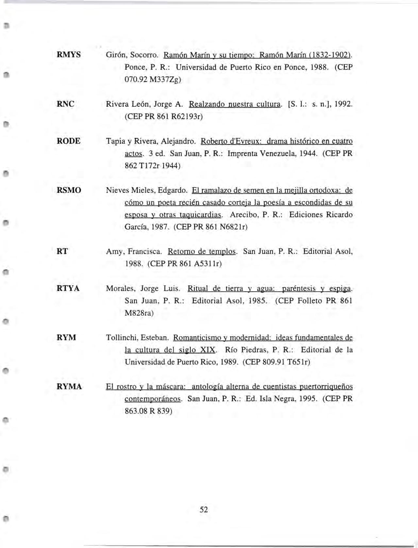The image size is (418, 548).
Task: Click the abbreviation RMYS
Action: pos(69,55)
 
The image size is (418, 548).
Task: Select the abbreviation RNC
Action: pos(65,104)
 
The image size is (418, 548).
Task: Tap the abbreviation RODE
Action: pos(68,141)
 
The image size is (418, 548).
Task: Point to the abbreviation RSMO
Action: pos(69,190)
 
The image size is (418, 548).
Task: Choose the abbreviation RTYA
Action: pos(68,289)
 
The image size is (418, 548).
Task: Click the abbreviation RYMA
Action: pos(69,387)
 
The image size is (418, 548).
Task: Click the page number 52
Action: pos(204,509)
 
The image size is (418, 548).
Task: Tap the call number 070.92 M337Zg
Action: pos(153,80)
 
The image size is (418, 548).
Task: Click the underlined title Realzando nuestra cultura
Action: pos(235,104)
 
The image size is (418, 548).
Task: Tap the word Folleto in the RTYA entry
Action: pos(309,301)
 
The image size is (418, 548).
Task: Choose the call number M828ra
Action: pos(139,313)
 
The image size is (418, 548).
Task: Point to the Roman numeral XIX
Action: pos(207,350)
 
